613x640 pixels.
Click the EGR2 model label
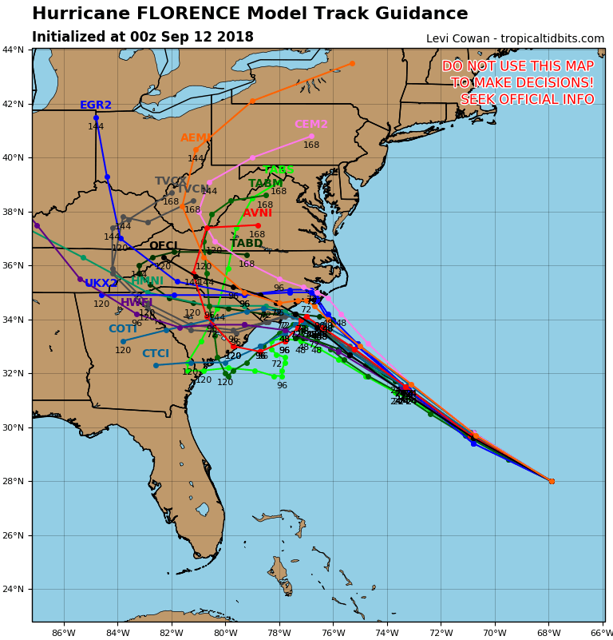[x=96, y=105]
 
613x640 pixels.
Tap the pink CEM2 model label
[x=311, y=125]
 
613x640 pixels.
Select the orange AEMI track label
[x=196, y=138]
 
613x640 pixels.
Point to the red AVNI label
[x=257, y=213]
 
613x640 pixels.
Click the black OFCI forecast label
[x=164, y=246]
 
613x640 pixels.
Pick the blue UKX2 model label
[x=101, y=284]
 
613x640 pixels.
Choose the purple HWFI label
[x=136, y=303]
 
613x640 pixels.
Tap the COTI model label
[x=123, y=329]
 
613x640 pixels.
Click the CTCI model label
[x=156, y=354]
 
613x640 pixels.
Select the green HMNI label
[x=147, y=281]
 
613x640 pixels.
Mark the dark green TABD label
[x=247, y=244]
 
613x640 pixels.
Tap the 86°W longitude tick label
[x=64, y=633]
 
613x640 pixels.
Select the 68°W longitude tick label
[x=548, y=633]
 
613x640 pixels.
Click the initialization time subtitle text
[x=143, y=38]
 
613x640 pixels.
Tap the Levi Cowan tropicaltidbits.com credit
[x=515, y=38]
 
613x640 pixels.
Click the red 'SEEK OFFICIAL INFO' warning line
[x=527, y=100]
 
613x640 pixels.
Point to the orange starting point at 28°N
[x=551, y=481]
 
